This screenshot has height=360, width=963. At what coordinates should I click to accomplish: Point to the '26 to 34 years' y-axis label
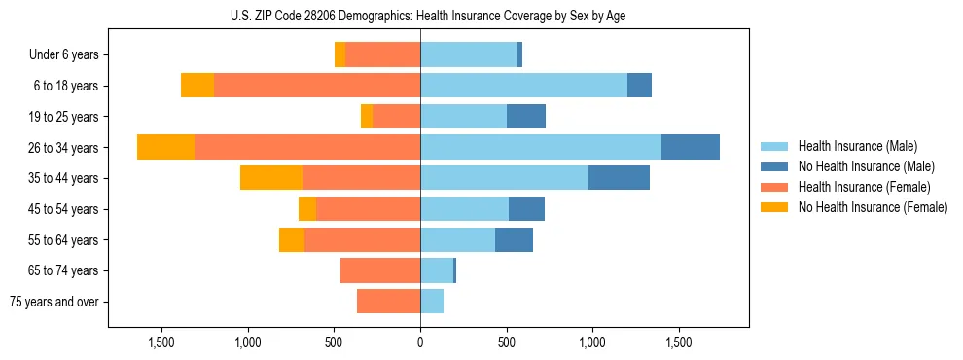pos(63,148)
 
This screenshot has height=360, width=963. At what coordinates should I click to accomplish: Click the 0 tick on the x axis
pos(420,342)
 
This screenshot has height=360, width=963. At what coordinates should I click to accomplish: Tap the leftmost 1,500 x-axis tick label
pos(160,342)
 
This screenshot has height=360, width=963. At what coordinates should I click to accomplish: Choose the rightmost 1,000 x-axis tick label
pos(592,342)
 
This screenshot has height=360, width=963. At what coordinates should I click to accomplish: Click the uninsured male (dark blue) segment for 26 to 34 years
pos(691,147)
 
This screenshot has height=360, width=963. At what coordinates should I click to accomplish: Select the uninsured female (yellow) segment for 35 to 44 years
pos(271,178)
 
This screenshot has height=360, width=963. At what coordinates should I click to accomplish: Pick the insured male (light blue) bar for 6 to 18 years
pos(523,86)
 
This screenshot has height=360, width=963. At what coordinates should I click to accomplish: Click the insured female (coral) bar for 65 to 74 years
pos(380,270)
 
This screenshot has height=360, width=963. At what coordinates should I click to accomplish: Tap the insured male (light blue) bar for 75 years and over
pos(432,302)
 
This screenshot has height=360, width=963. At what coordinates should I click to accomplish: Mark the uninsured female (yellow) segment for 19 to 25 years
pos(367,117)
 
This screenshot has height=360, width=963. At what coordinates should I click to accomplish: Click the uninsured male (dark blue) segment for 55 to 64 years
pos(514,239)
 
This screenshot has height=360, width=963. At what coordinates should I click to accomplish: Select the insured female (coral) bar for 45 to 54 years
pos(368,209)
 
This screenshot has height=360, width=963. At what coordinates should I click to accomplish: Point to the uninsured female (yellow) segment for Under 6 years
pos(339,55)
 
